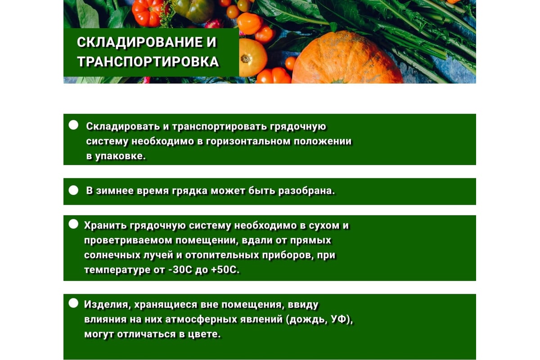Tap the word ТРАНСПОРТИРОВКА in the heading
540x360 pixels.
148,62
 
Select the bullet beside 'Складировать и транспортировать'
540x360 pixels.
73,125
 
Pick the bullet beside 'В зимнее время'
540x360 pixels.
73,190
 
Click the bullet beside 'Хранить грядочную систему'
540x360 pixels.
73,224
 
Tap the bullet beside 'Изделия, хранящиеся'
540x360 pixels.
73,303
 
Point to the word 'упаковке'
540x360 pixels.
120,156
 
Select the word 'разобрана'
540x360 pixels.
306,190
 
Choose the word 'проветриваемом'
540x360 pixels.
128,240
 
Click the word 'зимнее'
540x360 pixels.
115,190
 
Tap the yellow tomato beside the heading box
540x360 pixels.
252,58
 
